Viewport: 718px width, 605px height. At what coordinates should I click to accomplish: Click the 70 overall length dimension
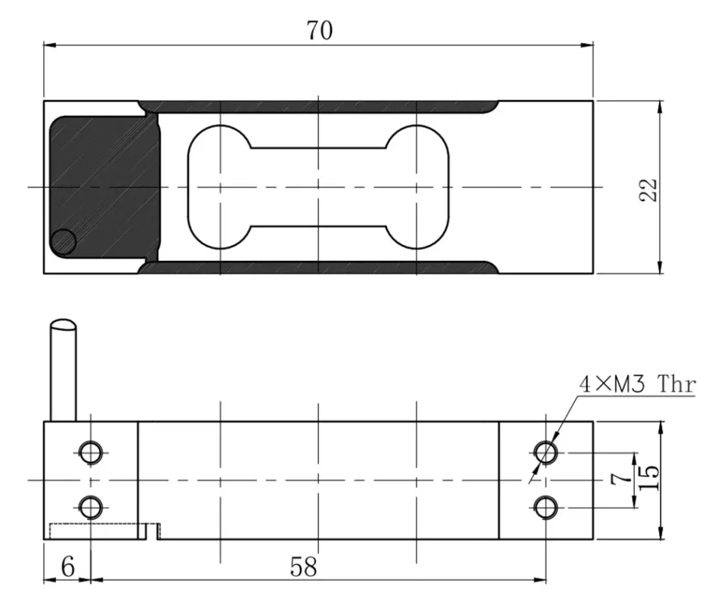(x=319, y=30)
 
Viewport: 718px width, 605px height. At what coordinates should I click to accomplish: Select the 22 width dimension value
(x=648, y=189)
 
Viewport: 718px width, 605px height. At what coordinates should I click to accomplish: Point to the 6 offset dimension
(x=67, y=567)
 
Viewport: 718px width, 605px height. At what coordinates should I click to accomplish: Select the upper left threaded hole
(x=91, y=452)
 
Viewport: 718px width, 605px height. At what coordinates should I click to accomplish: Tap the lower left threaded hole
(x=91, y=506)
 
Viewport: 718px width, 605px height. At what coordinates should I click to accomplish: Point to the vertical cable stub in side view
(x=63, y=371)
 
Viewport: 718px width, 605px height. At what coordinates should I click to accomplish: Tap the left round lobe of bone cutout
(x=219, y=187)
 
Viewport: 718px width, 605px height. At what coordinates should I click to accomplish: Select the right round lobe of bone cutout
(x=417, y=187)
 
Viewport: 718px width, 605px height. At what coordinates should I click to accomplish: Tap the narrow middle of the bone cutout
(x=319, y=187)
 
